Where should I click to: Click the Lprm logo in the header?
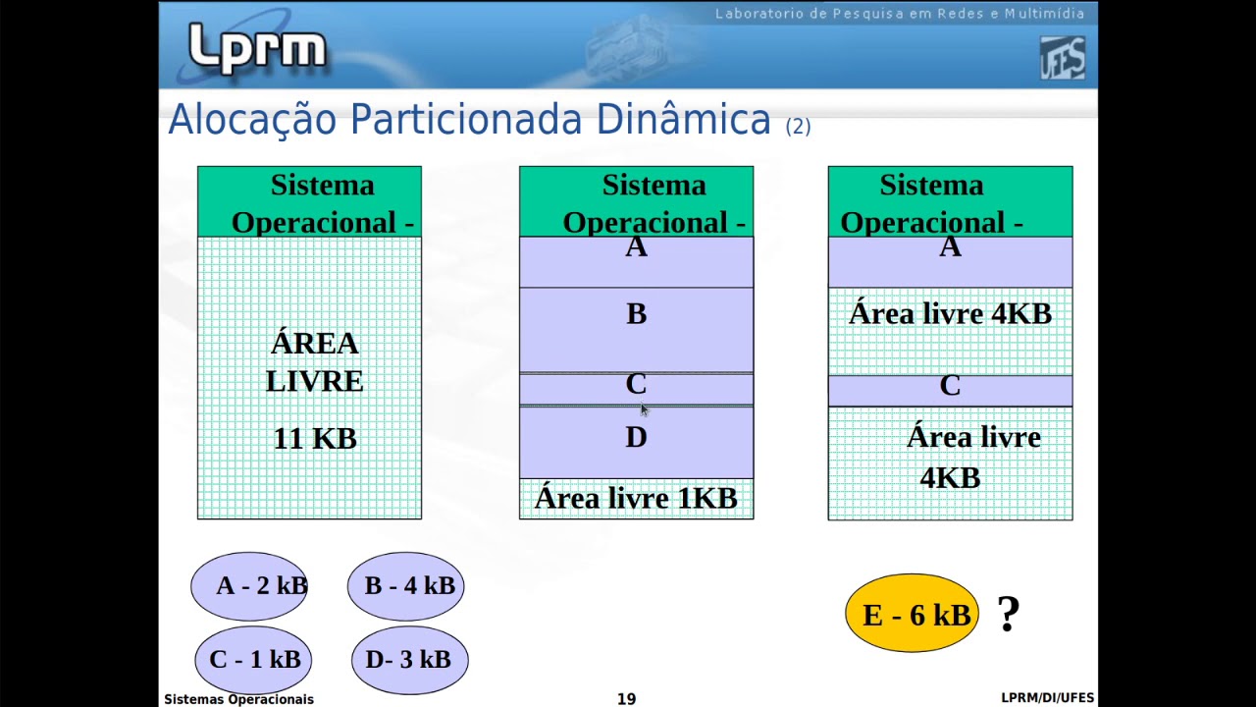pos(257,49)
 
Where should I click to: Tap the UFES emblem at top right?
pos(1063,58)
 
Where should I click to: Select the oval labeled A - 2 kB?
pos(249,586)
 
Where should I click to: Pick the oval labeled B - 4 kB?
pos(406,586)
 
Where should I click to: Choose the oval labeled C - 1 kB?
pos(253,660)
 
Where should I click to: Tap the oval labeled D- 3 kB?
pos(409,660)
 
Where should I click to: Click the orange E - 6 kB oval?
pos(913,615)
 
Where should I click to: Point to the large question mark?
pos(1009,616)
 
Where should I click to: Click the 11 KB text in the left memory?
pos(314,439)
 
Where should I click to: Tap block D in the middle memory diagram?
pos(636,441)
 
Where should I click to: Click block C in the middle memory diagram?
pos(636,389)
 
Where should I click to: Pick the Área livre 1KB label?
pos(636,499)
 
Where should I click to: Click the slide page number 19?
pos(626,699)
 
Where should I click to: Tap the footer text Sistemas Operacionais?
pos(238,699)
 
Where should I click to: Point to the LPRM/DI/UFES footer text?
pos(1047,698)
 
